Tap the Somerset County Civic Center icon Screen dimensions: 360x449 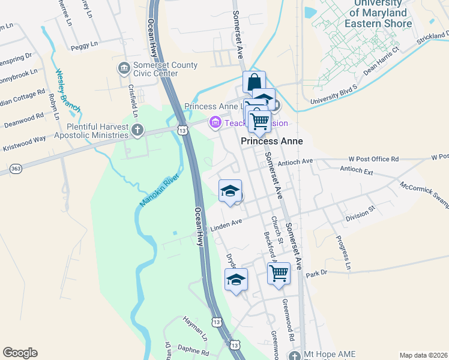[124, 67]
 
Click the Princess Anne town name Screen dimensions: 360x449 [271, 141]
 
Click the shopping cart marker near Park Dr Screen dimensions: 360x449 [279, 273]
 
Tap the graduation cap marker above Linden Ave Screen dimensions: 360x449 [229, 191]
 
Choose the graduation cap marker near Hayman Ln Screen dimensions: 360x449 [236, 279]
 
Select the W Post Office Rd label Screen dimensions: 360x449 [373, 159]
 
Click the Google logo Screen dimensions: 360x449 [20, 353]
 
